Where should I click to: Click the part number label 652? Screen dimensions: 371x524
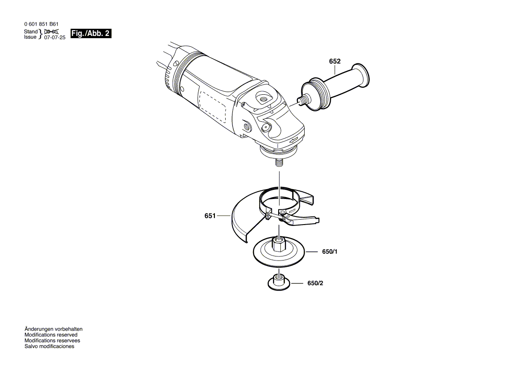click(x=335, y=62)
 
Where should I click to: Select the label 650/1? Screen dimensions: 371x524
click(x=329, y=252)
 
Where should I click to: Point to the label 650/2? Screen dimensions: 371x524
click(x=315, y=283)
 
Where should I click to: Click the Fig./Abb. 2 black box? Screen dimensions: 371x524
click(x=91, y=34)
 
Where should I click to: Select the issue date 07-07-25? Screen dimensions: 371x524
click(x=55, y=38)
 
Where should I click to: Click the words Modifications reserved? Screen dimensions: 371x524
click(x=51, y=335)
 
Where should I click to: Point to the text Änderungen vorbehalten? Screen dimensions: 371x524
click(x=53, y=329)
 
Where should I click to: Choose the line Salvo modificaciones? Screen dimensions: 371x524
click(x=49, y=346)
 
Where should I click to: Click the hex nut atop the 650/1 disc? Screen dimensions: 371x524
click(x=279, y=245)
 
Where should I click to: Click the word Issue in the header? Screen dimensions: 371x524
click(x=31, y=38)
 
